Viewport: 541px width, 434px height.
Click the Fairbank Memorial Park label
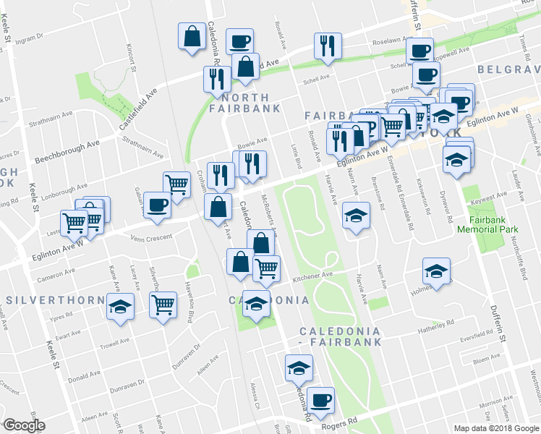click(487, 224)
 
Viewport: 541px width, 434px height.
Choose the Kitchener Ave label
click(312, 275)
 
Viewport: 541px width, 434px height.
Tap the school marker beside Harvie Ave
click(355, 216)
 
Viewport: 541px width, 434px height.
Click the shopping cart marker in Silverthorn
click(163, 305)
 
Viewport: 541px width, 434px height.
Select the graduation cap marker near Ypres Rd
click(120, 306)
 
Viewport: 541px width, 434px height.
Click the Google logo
click(23, 425)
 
